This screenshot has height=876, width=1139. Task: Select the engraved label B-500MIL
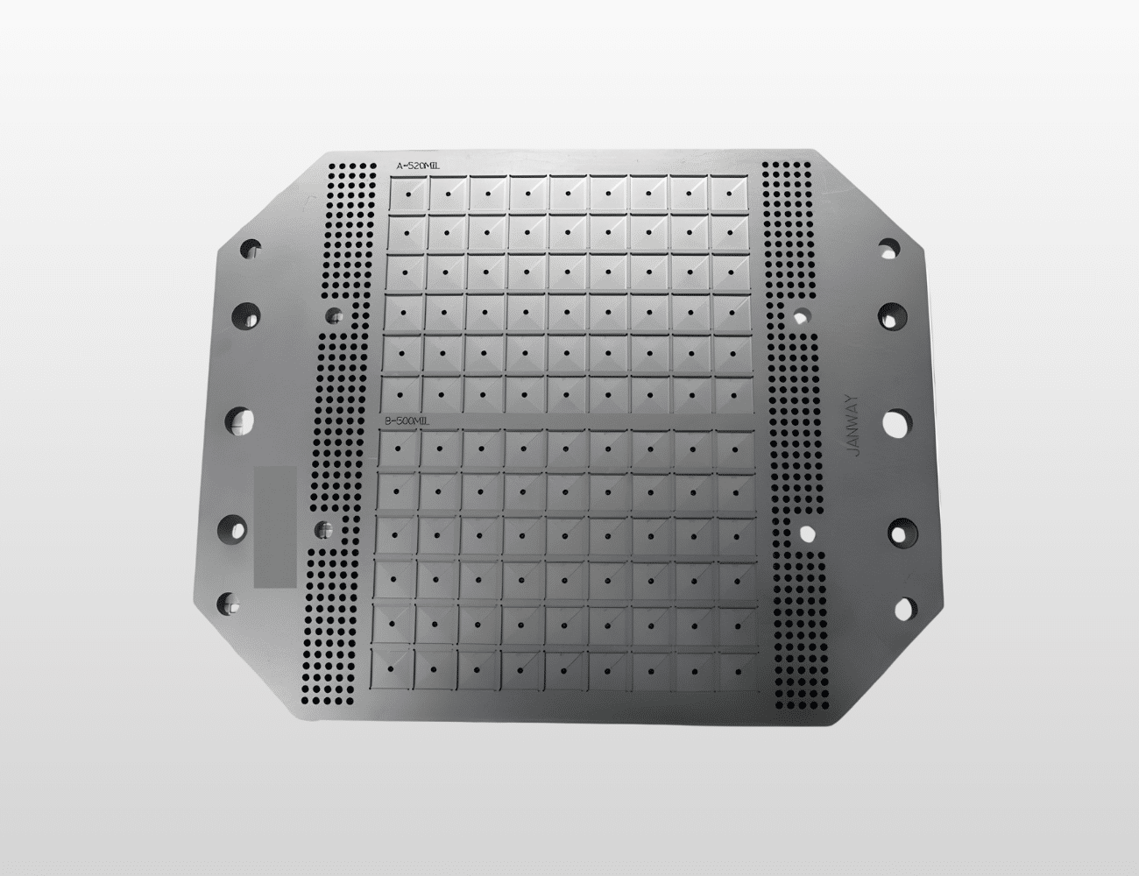408,421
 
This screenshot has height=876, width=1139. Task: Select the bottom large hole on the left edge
230,603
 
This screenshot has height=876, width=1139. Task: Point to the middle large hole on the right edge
896,423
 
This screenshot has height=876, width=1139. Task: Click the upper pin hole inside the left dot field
333,314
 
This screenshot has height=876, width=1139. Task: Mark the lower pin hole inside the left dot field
324,528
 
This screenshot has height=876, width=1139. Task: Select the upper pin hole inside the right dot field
801,314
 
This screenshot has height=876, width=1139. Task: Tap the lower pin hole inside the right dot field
806,531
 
